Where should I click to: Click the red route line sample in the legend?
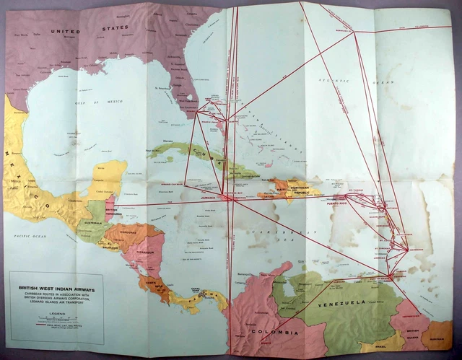click(x=44, y=325)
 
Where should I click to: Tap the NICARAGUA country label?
click(x=147, y=253)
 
